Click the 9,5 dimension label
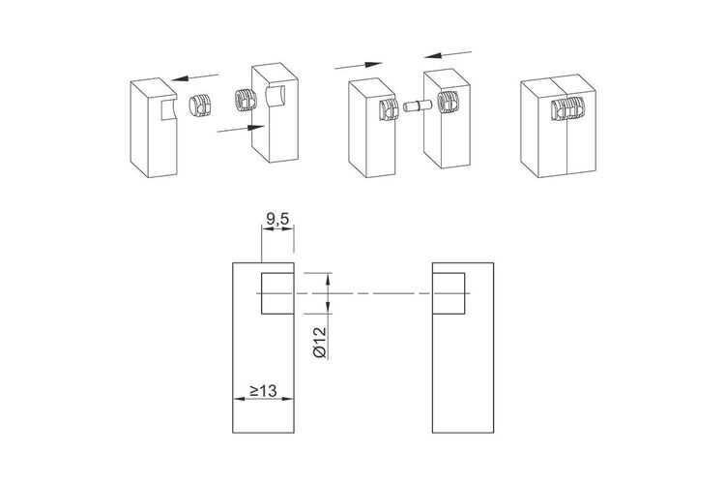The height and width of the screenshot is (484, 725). [x=277, y=219]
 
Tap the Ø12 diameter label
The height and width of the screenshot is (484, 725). [x=320, y=343]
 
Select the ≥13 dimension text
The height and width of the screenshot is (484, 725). [x=263, y=390]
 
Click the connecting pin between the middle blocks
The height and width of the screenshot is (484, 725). [x=417, y=106]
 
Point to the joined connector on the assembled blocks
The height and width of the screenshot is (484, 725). [x=568, y=108]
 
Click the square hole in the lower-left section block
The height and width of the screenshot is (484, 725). [x=277, y=293]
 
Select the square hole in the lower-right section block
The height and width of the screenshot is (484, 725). [x=449, y=293]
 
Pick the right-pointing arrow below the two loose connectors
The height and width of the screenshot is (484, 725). [x=241, y=129]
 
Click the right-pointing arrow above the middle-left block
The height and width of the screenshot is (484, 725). [x=359, y=65]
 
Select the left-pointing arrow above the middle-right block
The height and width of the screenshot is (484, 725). [x=448, y=54]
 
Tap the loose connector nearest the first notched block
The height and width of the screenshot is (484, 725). [x=200, y=105]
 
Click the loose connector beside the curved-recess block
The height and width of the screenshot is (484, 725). [x=246, y=100]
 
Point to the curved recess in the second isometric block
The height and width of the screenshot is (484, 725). [x=275, y=97]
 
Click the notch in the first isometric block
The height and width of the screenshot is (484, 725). [x=168, y=108]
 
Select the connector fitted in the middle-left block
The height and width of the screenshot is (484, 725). [x=389, y=109]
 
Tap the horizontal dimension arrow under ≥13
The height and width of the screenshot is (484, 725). [x=263, y=399]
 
